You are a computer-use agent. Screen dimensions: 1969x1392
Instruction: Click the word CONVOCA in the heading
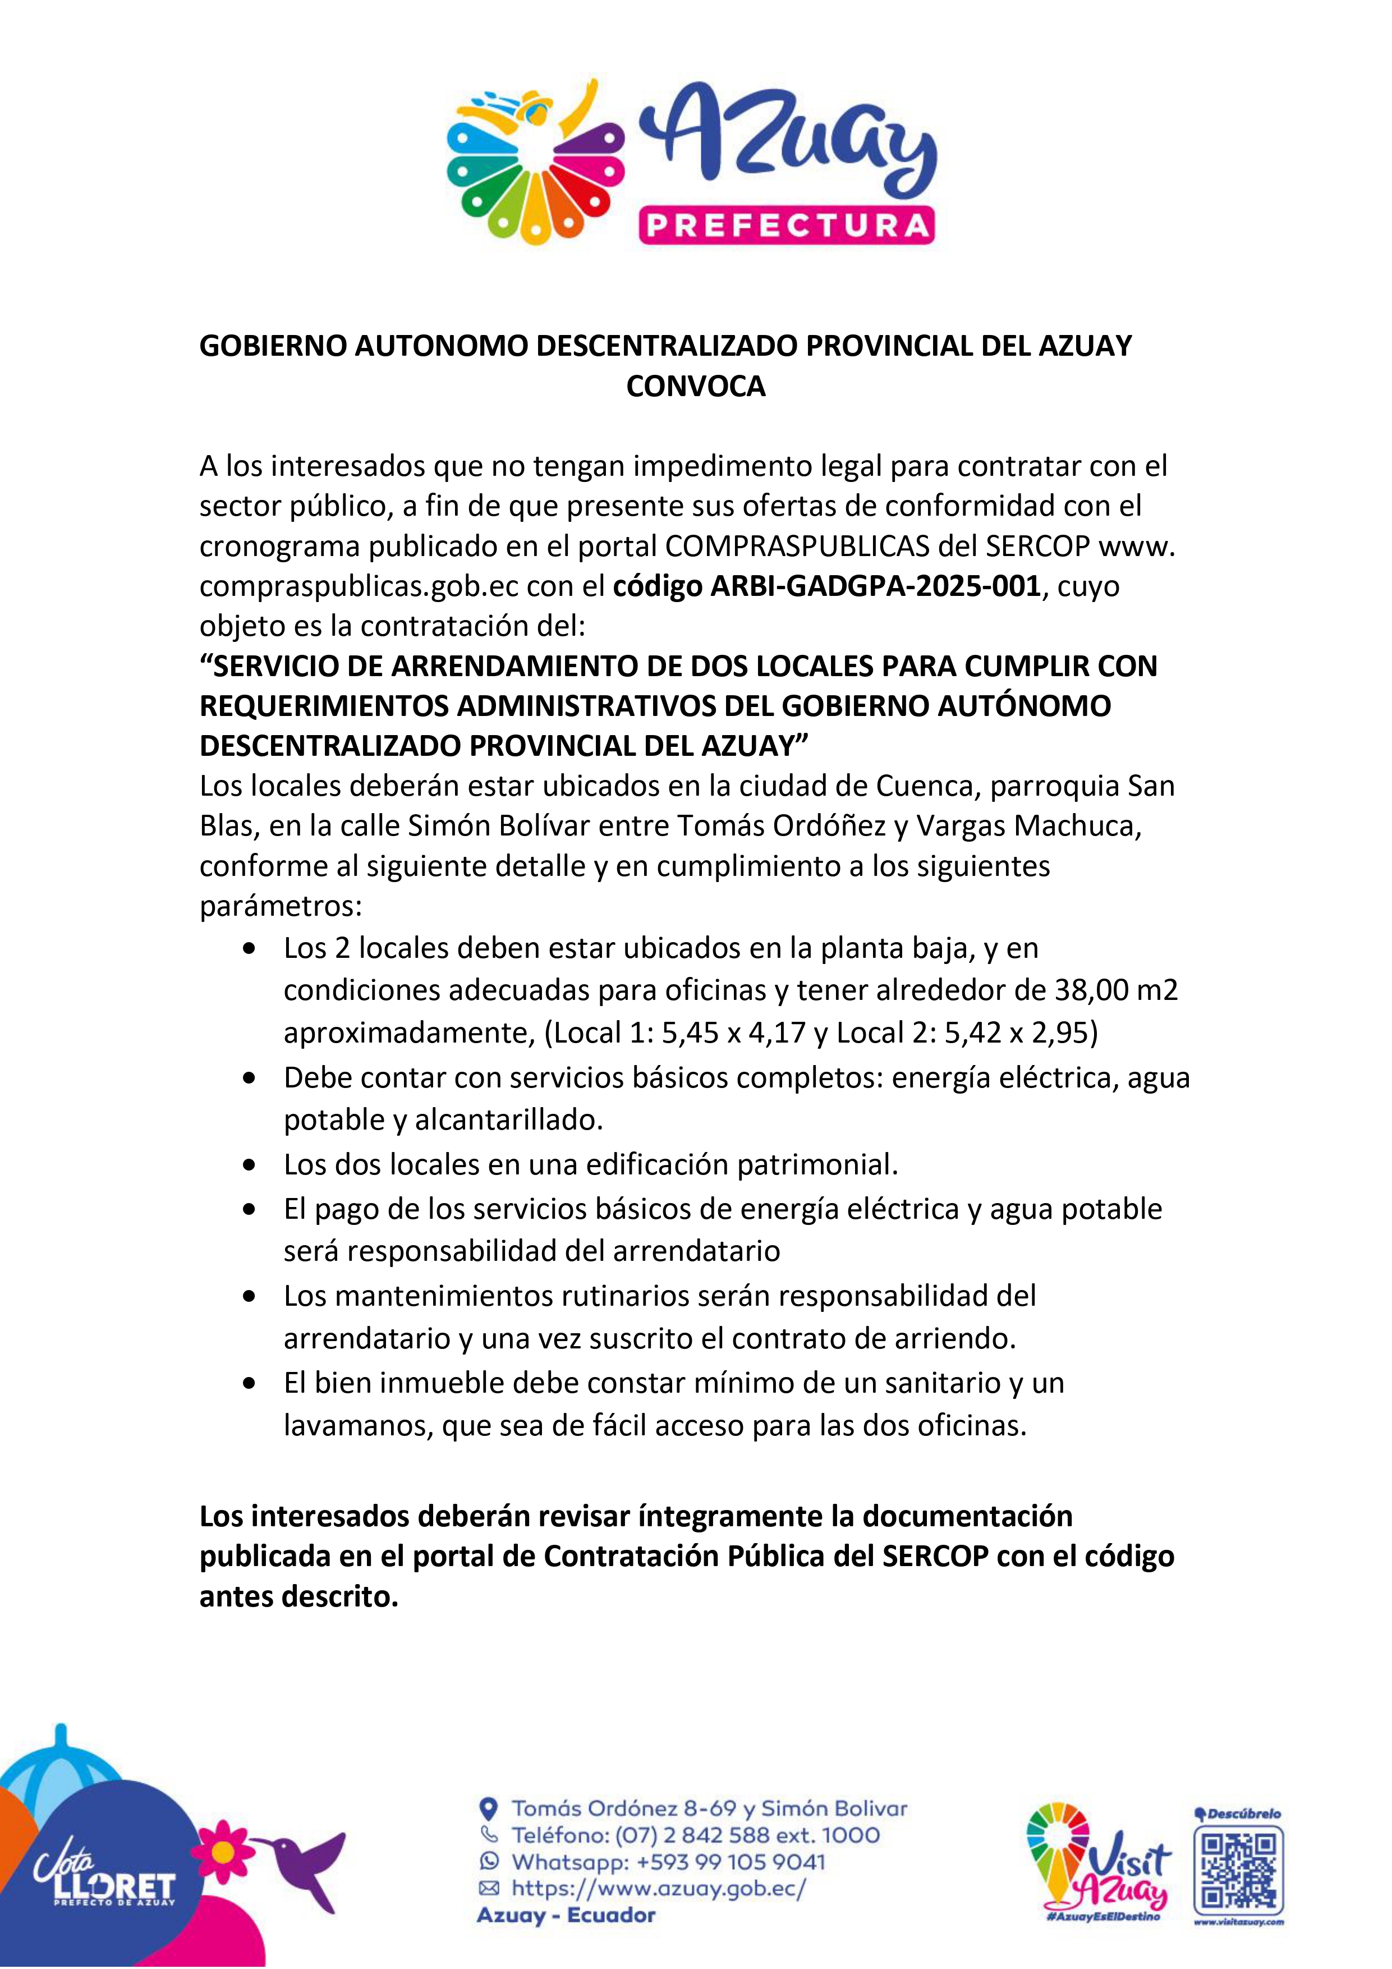[696, 387]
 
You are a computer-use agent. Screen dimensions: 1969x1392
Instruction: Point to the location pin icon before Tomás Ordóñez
[488, 1810]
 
